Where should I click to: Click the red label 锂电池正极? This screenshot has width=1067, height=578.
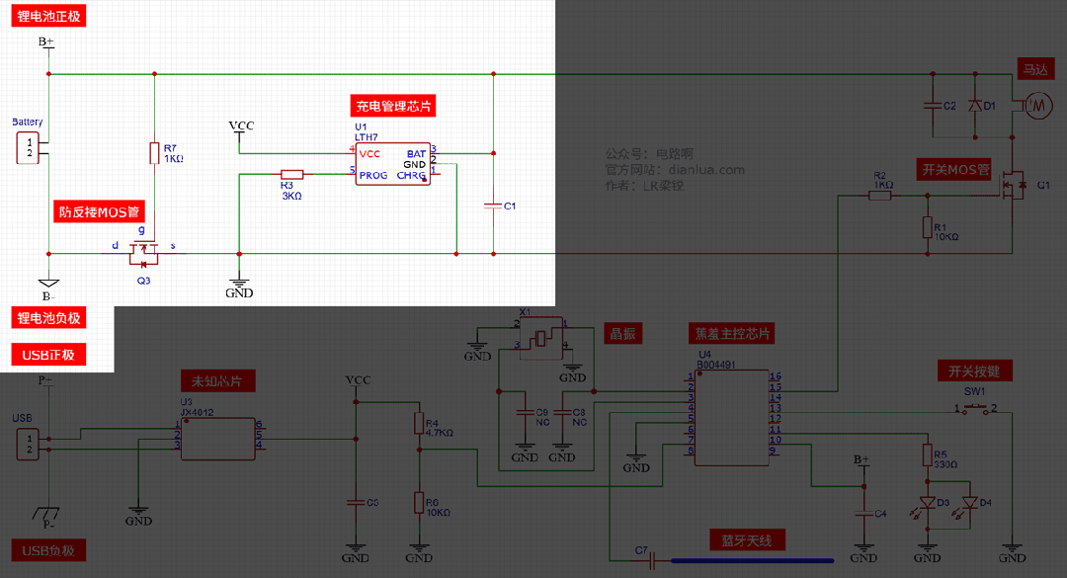click(49, 18)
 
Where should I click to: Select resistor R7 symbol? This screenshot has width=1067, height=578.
click(155, 153)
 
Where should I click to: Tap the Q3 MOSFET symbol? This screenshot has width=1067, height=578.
click(144, 255)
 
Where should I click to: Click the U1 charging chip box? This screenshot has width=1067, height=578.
click(393, 163)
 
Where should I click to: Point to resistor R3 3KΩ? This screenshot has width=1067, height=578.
click(290, 174)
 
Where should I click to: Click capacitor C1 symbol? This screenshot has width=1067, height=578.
click(492, 206)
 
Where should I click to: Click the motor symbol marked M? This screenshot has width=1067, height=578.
click(1038, 104)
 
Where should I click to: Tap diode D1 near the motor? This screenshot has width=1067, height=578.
click(975, 105)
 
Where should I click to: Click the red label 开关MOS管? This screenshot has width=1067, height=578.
click(955, 170)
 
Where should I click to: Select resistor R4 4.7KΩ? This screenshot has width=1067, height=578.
click(419, 423)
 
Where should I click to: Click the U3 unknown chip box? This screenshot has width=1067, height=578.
click(217, 438)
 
